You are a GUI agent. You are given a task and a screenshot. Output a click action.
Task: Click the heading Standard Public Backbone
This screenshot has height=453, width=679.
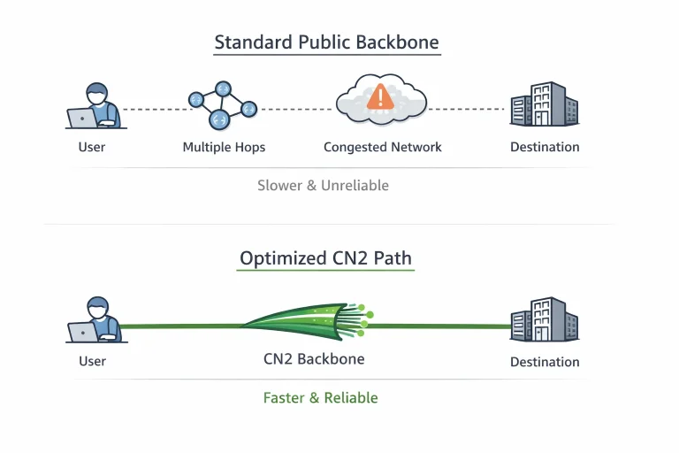(x=326, y=42)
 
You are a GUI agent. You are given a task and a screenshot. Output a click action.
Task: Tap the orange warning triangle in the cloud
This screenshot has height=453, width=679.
(x=380, y=96)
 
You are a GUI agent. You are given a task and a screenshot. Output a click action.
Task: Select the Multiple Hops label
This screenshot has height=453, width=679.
(x=224, y=148)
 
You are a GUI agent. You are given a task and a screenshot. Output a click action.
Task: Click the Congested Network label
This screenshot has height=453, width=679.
(x=382, y=148)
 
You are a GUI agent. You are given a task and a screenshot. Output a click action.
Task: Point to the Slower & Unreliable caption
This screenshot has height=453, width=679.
(x=323, y=186)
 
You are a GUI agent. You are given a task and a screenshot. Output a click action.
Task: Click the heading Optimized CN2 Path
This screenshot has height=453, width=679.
(x=325, y=258)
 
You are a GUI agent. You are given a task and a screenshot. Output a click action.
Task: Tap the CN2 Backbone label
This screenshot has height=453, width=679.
(x=314, y=359)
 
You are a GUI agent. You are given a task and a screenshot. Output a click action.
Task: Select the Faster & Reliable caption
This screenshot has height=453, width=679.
(x=320, y=398)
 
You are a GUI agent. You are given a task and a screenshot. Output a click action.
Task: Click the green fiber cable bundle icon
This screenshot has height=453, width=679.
(x=309, y=322)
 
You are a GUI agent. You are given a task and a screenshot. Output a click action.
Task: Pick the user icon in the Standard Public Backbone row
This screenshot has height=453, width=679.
(x=96, y=106)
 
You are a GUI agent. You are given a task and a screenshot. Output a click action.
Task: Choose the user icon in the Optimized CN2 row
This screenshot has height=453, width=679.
(x=96, y=320)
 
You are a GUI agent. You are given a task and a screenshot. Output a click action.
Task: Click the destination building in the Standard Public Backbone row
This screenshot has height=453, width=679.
(x=545, y=104)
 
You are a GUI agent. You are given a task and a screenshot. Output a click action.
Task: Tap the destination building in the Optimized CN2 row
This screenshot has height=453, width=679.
(x=545, y=319)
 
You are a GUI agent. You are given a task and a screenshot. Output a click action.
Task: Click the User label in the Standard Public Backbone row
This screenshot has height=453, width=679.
(x=92, y=147)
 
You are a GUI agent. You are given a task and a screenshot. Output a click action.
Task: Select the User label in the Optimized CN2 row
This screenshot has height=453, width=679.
(x=92, y=361)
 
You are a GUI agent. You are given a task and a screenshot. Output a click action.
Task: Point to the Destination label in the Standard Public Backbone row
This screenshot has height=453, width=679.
(x=545, y=147)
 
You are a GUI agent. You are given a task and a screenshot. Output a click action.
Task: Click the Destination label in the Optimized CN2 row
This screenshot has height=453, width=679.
(x=545, y=362)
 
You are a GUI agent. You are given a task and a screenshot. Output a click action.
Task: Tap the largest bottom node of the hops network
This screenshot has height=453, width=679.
(x=219, y=119)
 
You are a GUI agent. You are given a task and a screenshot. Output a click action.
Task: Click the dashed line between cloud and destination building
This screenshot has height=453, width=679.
(x=466, y=109)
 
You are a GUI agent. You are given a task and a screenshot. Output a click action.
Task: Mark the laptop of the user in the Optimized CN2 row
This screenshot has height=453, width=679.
(x=83, y=333)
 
